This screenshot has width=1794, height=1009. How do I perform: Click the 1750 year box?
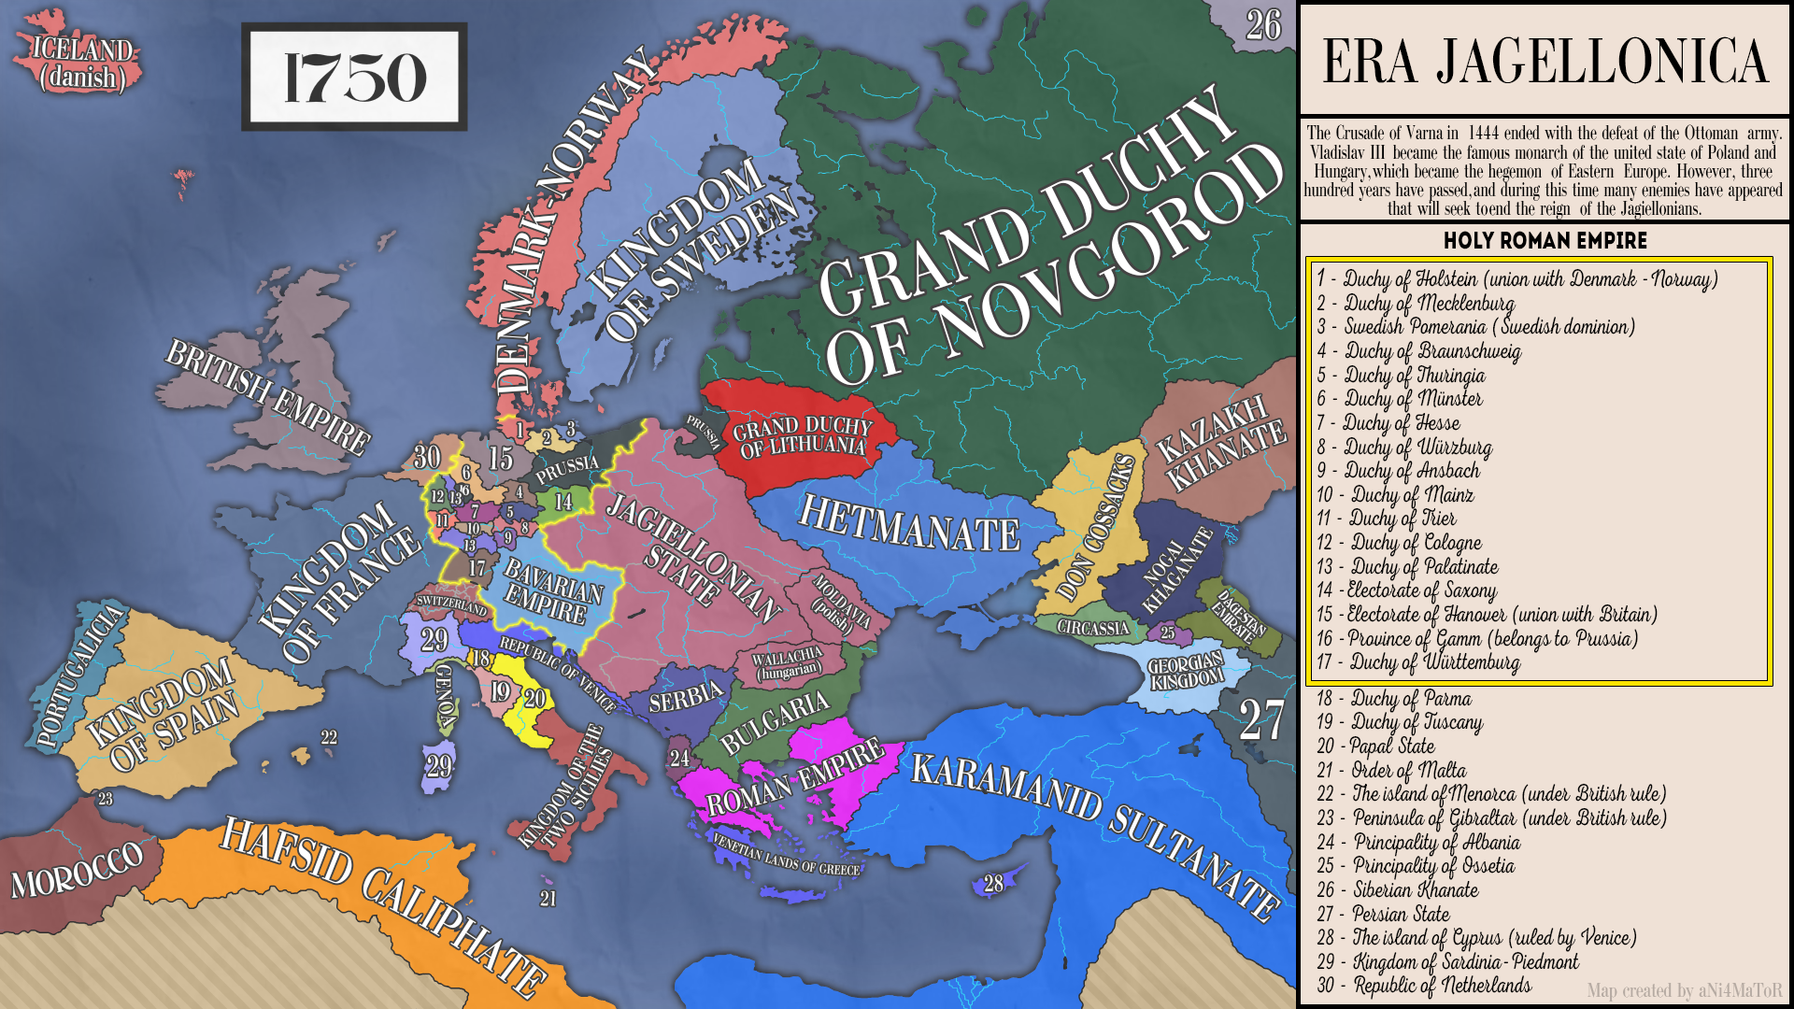(354, 77)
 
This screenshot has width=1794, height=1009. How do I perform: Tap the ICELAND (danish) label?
(82, 63)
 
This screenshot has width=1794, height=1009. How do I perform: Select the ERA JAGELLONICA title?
(1545, 62)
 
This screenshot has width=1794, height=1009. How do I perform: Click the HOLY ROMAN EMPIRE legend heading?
(1545, 240)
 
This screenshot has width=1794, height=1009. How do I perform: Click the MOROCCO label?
(78, 869)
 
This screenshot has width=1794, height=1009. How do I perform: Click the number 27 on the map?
(1260, 721)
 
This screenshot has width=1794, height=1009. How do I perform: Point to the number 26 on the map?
(1263, 25)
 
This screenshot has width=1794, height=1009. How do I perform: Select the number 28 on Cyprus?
(993, 883)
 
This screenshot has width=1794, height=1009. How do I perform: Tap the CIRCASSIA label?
(1092, 627)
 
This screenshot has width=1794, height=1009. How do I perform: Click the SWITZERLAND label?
(451, 604)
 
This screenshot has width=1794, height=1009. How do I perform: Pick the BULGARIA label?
(775, 721)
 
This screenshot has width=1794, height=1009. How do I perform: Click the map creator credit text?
(1684, 990)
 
